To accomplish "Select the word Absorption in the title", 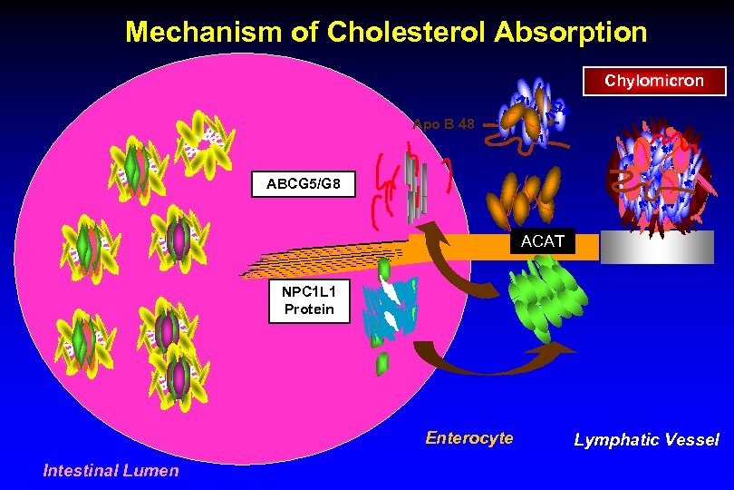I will click(x=571, y=33).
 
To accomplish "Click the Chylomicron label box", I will click(x=654, y=81).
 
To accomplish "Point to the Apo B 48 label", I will click(x=443, y=123).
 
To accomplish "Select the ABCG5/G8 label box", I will click(x=304, y=184).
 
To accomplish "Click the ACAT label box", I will click(x=542, y=241).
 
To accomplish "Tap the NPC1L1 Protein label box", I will click(x=308, y=301).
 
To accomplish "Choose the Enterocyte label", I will click(x=468, y=438).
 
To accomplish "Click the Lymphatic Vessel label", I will click(x=646, y=440).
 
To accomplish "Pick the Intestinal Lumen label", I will click(x=111, y=470).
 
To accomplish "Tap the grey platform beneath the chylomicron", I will click(x=644, y=246).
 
